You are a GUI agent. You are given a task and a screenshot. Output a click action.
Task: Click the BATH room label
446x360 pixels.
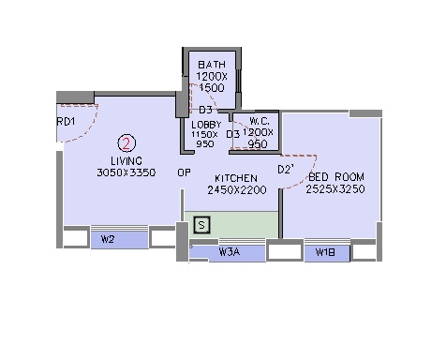click(x=211, y=64)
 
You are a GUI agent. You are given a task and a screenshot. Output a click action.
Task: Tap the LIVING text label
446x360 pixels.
click(x=126, y=160)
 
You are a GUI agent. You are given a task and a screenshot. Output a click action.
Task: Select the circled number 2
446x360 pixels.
click(x=126, y=143)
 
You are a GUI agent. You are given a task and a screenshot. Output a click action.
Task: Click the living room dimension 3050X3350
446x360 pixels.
click(x=126, y=172)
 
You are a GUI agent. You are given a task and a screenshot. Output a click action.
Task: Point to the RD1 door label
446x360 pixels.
click(x=67, y=121)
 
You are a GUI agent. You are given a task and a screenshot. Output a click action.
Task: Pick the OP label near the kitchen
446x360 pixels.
click(x=185, y=172)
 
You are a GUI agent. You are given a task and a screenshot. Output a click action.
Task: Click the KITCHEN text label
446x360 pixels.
click(x=235, y=178)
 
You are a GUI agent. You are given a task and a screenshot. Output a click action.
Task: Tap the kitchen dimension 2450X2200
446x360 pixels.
click(x=238, y=190)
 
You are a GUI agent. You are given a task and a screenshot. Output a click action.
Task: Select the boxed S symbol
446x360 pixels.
click(x=201, y=225)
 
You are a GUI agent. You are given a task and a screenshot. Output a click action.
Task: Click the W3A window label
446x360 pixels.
click(x=230, y=250)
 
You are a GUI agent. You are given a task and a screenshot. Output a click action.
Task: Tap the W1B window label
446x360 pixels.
click(x=326, y=251)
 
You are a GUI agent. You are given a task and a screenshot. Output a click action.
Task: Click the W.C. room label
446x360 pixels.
click(x=260, y=122)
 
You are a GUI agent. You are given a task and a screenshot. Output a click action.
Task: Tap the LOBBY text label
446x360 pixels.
click(x=205, y=125)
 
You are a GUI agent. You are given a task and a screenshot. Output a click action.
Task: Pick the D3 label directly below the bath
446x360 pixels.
click(x=205, y=110)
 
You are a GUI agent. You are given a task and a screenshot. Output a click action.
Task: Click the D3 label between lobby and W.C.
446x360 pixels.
click(x=233, y=134)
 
